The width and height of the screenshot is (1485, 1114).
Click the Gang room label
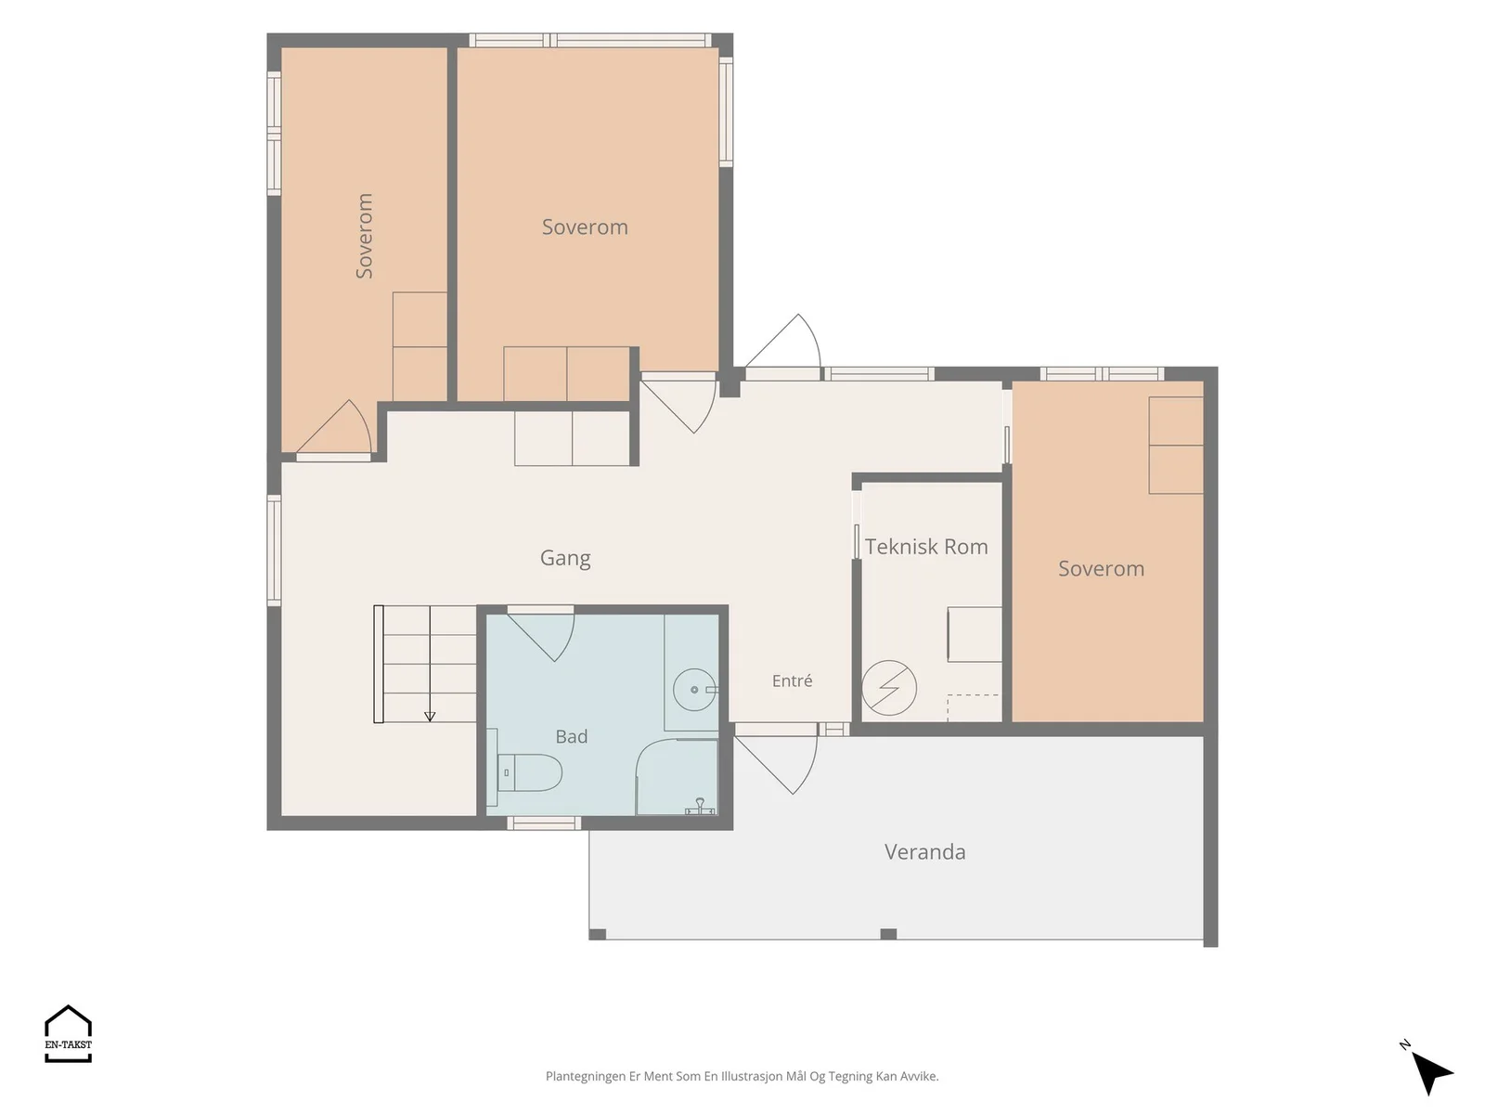pos(565,559)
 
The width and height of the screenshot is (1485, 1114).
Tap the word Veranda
pos(924,851)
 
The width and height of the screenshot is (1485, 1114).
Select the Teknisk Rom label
pos(926,547)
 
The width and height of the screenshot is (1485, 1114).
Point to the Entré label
pos(792,680)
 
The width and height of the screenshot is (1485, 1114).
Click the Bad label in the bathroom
pos(571,736)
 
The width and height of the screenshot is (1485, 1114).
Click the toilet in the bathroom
pos(525,771)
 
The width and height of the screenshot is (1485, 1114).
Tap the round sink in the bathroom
pos(695,689)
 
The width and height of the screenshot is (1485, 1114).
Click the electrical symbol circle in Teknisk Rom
pos(888,688)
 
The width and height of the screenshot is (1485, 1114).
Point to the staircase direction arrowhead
pos(430,717)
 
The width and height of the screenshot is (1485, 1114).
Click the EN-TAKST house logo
pos(68,1033)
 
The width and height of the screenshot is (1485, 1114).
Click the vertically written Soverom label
pos(364,236)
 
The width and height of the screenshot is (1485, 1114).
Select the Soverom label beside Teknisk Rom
pos(1101,569)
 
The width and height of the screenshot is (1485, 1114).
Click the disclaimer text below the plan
pos(742,1076)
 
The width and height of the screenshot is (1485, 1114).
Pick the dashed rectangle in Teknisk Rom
pos(973,707)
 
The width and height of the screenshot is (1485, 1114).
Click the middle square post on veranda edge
pos(888,934)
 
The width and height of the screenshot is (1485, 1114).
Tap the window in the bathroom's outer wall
pos(544,823)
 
